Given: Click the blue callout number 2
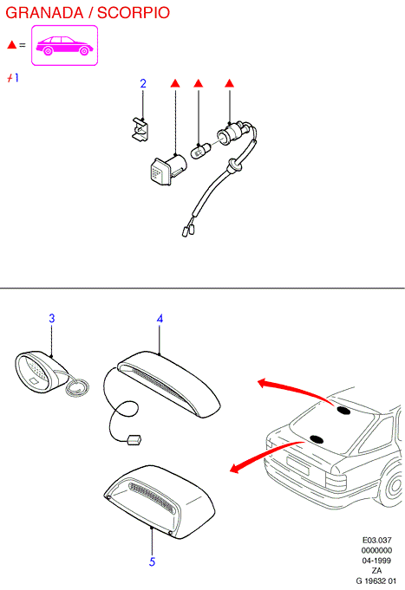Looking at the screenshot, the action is (x=143, y=83).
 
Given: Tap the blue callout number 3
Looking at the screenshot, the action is (x=52, y=318).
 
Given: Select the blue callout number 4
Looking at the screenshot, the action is (x=160, y=319).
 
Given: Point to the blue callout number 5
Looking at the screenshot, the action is (x=152, y=561).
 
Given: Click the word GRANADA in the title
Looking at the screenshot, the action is (x=44, y=12).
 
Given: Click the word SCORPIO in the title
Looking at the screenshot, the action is (x=134, y=12).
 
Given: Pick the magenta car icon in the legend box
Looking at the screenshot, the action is (x=64, y=46).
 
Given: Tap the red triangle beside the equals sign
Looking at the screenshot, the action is (x=11, y=45).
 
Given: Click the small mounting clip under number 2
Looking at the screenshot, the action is (x=140, y=129).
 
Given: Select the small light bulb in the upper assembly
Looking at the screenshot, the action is (x=200, y=150).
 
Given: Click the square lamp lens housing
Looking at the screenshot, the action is (x=167, y=170).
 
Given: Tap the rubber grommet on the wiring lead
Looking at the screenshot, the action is (x=234, y=165).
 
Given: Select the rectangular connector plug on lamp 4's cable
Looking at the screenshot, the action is (x=134, y=440).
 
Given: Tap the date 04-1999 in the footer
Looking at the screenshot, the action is (x=376, y=561).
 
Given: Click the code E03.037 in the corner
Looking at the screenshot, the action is (x=376, y=540).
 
